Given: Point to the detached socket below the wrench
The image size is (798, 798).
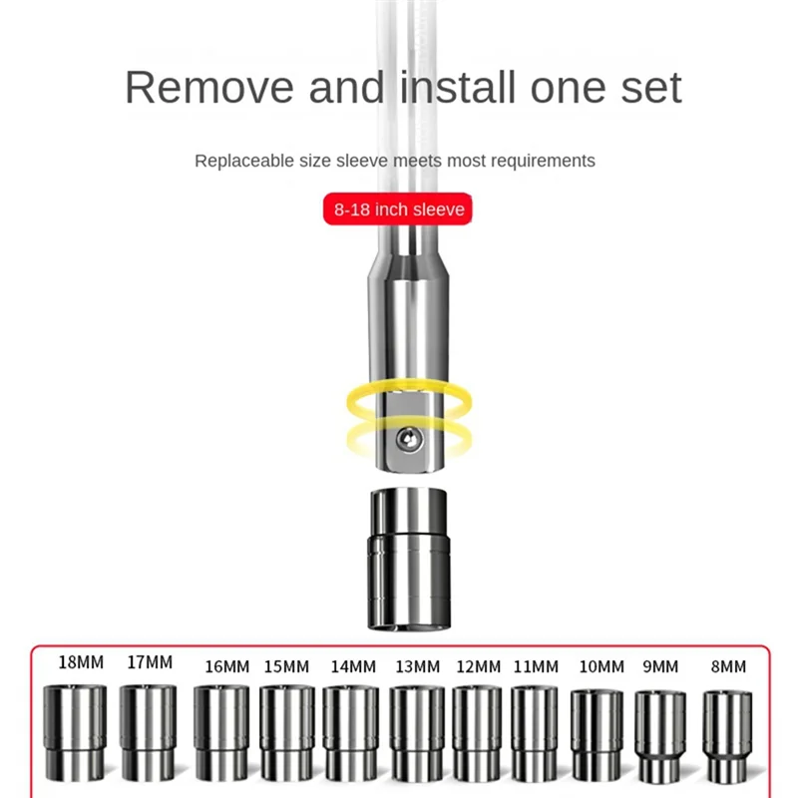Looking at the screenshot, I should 410,558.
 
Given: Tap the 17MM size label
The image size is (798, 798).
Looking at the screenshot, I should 150,662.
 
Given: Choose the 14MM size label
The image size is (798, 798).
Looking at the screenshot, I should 353,666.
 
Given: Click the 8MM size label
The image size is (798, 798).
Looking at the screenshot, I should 727,666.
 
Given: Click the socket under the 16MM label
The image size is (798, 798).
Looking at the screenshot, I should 221,732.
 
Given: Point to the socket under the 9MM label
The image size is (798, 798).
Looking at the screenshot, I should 660,736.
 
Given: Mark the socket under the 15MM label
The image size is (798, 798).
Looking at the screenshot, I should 287,732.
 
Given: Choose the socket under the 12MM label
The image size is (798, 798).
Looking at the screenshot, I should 477,733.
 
